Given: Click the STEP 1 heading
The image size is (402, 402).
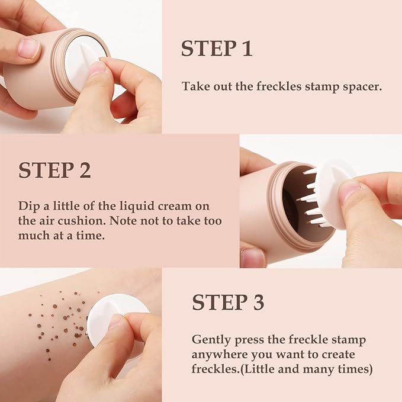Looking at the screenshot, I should coord(217,49).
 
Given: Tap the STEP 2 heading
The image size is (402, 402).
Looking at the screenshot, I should coord(54,170).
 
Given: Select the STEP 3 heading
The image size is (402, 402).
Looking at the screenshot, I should coord(228,302).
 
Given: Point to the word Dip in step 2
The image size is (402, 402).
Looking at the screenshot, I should coord(28,206).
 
